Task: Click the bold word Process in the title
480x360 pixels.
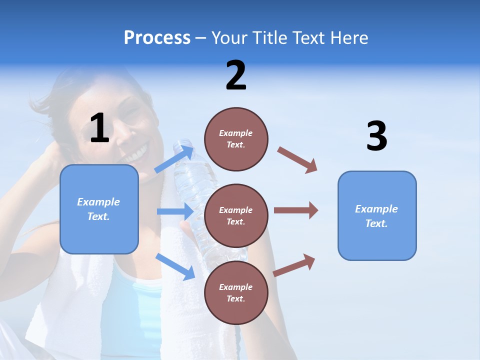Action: coord(157,37)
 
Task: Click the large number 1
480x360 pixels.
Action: coord(99,128)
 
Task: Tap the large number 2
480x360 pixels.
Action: coord(236,75)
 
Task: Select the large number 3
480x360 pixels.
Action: coord(376,136)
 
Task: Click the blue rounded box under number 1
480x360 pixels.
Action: coord(99,209)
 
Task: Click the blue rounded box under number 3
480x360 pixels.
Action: coord(377,215)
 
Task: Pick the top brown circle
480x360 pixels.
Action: coord(236,139)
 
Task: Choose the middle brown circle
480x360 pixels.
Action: coord(236,215)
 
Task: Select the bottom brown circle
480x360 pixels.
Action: coord(236,292)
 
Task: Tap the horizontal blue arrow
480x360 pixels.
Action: coord(175,211)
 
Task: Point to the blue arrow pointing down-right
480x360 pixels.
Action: coord(175,266)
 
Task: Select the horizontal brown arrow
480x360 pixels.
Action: coord(296,210)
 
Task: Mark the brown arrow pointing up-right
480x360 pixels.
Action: coord(294,265)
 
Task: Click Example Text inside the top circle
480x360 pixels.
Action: coord(236,139)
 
